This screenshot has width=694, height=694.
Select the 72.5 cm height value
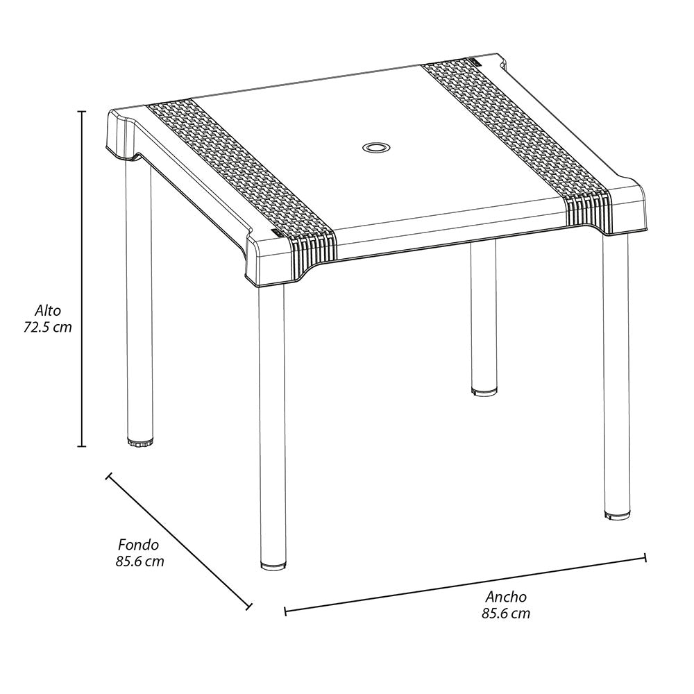point(48,327)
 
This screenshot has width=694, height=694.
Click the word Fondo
point(138,545)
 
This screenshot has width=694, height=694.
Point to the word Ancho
point(505,596)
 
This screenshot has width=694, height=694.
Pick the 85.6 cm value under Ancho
point(505,613)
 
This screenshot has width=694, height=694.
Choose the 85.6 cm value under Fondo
point(139,561)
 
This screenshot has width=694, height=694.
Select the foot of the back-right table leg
point(484,391)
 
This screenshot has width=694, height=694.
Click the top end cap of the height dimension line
point(82,111)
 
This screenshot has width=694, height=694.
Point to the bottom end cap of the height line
point(82,446)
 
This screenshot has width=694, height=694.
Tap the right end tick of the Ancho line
point(645,557)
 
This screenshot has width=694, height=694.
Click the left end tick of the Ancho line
point(285,611)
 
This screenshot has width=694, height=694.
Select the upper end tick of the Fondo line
point(108,476)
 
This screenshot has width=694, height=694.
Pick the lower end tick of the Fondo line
point(248,606)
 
